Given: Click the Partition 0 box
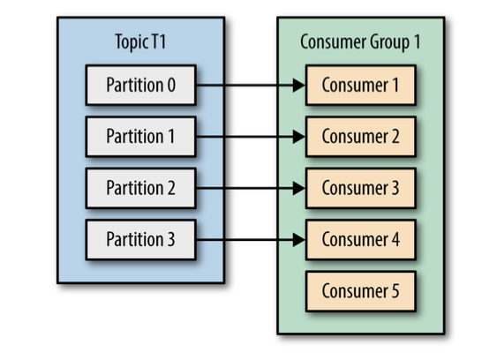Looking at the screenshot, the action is click(140, 85).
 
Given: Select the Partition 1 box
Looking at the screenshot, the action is click(140, 137).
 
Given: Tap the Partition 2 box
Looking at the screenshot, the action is click(140, 188).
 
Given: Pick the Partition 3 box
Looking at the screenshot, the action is click(140, 240).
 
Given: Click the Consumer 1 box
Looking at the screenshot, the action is click(361, 85).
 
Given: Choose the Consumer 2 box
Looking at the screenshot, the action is click(361, 137).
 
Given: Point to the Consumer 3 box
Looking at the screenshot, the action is click(361, 188).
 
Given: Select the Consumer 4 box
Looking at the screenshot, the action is click(361, 240).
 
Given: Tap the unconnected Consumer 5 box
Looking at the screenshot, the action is click(361, 291).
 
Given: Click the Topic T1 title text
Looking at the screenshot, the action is click(140, 41).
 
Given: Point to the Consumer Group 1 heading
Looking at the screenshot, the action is click(360, 42).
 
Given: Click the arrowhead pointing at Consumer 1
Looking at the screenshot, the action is click(299, 85).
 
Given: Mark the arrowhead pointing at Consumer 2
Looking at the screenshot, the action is click(299, 137).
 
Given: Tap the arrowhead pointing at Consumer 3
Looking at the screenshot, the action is click(299, 188).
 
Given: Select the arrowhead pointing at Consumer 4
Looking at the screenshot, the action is click(299, 240).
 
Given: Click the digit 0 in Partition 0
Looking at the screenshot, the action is click(171, 85).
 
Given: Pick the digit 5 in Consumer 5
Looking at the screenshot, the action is click(395, 291).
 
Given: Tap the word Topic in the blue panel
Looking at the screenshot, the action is click(132, 42).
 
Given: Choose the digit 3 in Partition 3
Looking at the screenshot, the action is click(171, 240).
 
